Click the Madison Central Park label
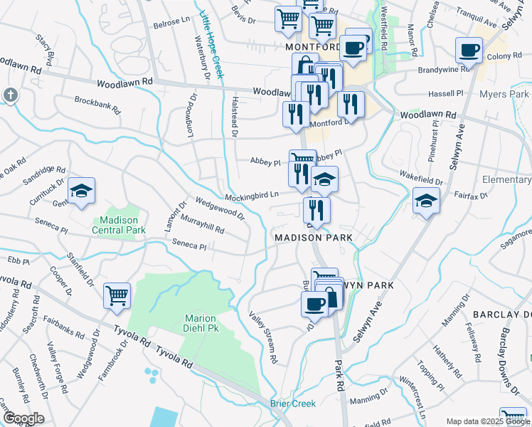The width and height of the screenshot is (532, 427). pos(119,225)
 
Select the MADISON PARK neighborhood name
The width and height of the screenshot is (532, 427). pos(314,237)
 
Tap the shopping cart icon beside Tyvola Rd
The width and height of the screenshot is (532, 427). pos(117,295)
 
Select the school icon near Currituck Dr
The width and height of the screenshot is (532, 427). pos(82,191)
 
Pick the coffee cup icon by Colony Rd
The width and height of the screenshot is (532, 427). pos(469,50)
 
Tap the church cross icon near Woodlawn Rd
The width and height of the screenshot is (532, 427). pos(10,94)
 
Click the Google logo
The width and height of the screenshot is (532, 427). pos(23,418)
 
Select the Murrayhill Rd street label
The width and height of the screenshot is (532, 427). pos(202,226)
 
